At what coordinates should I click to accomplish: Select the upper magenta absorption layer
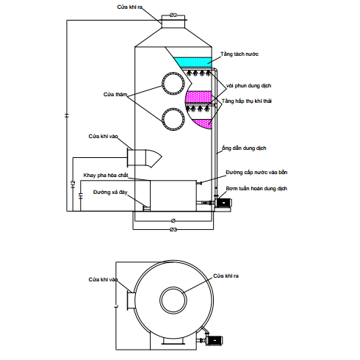click(x=198, y=96)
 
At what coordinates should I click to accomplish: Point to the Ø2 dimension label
click(x=173, y=15)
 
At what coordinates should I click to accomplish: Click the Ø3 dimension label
click(x=173, y=230)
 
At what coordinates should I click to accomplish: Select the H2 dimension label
click(x=73, y=184)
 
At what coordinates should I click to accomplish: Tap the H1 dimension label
click(x=81, y=196)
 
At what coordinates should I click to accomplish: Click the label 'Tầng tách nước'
click(x=240, y=54)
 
